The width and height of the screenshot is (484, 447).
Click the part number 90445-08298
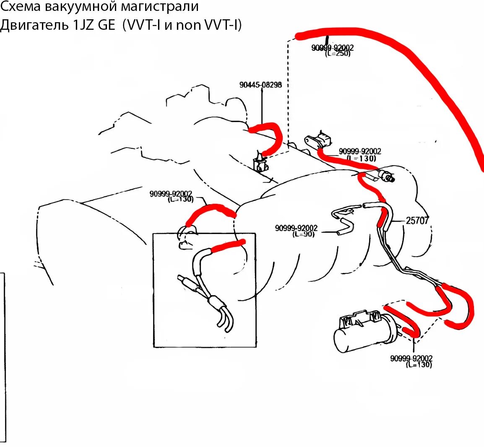point(260,85)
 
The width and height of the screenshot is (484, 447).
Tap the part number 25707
point(417,220)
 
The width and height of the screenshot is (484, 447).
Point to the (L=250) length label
point(337,54)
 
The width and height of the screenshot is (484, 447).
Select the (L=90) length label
point(303,234)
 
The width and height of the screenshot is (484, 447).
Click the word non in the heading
point(189,25)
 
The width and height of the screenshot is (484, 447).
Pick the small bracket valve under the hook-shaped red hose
point(260,163)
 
